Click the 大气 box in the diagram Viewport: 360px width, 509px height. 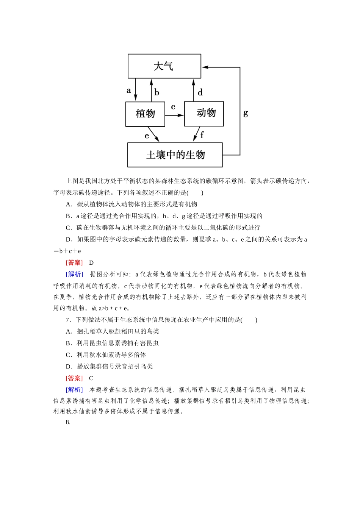pos(164,66)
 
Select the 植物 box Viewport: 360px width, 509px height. pos(145,114)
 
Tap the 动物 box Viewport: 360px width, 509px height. pos(204,113)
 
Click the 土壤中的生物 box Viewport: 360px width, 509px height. pos(175,155)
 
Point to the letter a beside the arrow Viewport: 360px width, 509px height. pos(129,91)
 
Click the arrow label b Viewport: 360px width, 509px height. pos(157,92)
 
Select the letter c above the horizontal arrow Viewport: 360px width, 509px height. pos(173,107)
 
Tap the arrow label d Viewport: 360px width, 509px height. pos(200,92)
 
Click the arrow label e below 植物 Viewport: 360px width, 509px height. pos(147,136)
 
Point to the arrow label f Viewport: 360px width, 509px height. pos(202,135)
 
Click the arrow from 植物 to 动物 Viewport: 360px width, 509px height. pos(174,115)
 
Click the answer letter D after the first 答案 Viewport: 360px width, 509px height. pos(91,263)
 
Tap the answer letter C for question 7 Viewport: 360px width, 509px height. pos(91,378)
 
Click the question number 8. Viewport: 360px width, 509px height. pos(68,422)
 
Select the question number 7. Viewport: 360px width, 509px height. pos(68,320)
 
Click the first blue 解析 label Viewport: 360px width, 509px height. pos(74,274)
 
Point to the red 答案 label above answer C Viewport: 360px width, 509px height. pos(74,378)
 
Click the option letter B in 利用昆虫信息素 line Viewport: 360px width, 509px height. pos(69,343)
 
